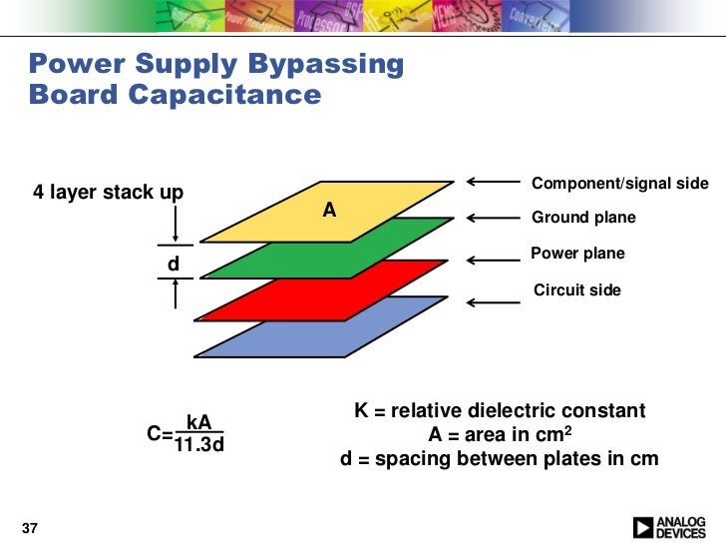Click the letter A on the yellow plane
[x=329, y=211]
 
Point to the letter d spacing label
[x=173, y=265]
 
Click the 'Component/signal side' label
[x=619, y=184]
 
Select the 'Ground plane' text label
[x=583, y=218]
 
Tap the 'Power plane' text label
[x=577, y=254]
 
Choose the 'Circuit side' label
[x=577, y=290]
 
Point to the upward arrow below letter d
[x=175, y=292]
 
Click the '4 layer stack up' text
[x=108, y=193]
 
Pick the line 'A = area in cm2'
[x=499, y=435]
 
